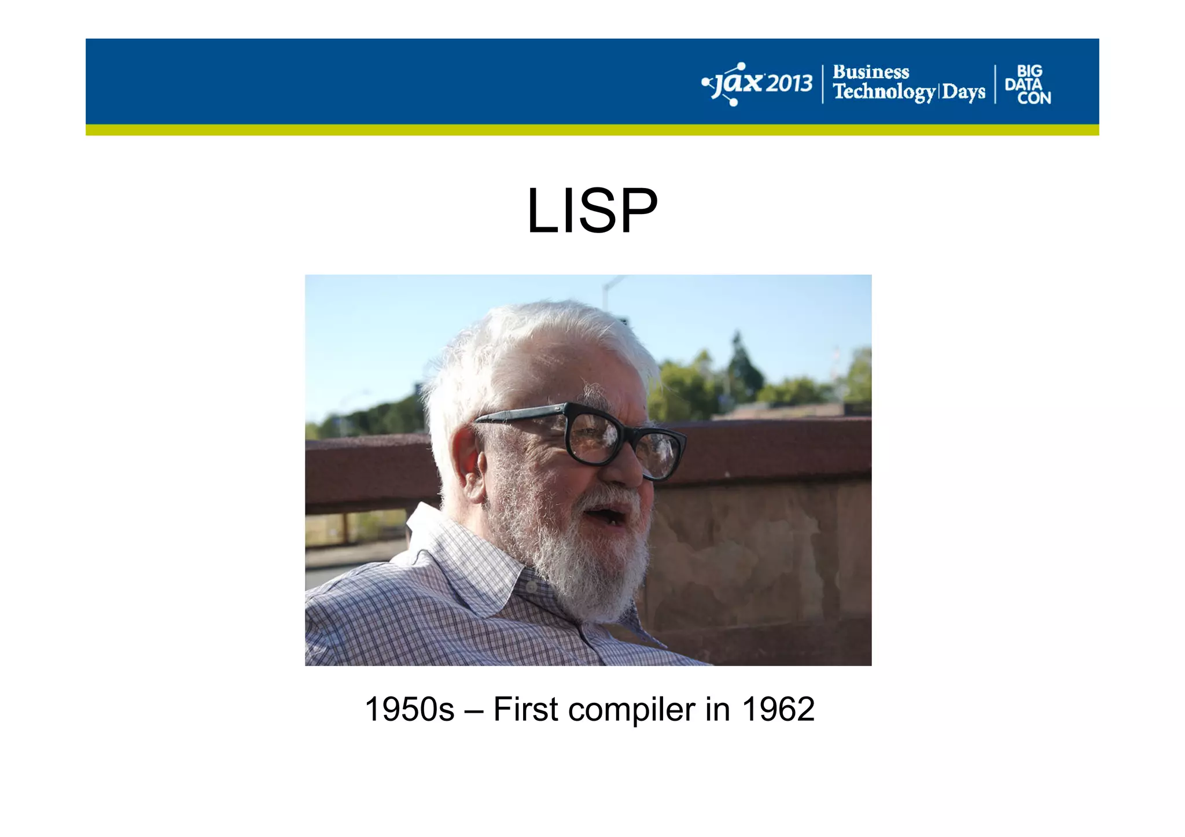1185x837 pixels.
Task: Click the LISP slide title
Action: tap(592, 211)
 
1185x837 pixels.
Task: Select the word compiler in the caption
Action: tap(631, 710)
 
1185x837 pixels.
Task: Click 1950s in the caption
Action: tap(409, 709)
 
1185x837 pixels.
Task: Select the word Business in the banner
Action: tap(870, 72)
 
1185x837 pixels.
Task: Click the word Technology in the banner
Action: tap(884, 92)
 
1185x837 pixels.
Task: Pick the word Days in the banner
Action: tap(963, 92)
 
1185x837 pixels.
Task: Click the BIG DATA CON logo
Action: tap(1028, 84)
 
